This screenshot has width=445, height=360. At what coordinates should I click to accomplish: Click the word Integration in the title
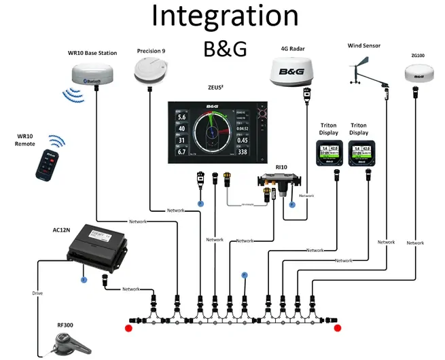coord(225,16)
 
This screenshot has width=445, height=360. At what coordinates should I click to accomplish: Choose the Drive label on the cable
coord(37,293)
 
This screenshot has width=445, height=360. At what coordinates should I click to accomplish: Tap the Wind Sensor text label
coord(363,46)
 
